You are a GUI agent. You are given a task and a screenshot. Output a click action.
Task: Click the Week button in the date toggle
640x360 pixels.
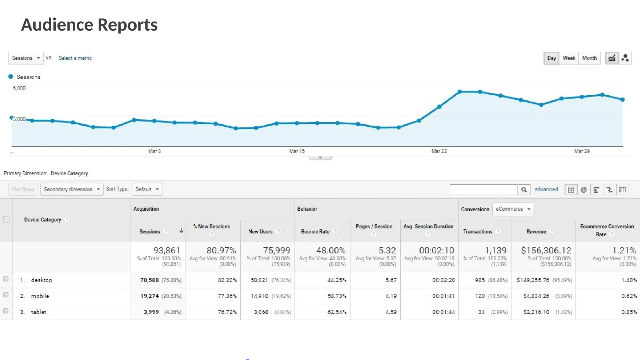point(569,58)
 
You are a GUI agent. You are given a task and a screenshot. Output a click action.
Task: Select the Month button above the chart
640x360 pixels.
point(589,58)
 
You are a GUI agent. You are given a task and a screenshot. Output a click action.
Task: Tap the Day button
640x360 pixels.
point(552,58)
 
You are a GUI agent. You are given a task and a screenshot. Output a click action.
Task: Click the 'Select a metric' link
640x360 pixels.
point(75,58)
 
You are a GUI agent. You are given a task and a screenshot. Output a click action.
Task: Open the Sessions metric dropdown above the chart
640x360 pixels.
point(26,58)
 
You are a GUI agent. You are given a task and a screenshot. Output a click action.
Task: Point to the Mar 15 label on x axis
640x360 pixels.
point(297,151)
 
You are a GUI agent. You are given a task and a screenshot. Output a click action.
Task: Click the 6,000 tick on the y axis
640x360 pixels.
point(19,88)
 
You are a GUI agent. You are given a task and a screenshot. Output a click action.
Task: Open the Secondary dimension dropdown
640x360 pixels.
point(72,189)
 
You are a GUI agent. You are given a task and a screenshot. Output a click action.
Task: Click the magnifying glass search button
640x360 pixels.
point(524,190)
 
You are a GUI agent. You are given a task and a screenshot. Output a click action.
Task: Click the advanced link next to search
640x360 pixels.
point(546,189)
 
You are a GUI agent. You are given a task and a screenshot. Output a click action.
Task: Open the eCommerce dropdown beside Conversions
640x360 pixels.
point(513,209)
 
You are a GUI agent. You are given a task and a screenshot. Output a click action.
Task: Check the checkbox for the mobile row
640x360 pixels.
point(6,295)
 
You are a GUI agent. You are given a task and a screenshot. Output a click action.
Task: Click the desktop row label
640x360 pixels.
point(42,280)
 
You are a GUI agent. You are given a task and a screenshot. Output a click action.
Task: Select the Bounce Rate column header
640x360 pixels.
point(315,232)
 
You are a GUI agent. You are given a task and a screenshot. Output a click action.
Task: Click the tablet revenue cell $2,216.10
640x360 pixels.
point(536,312)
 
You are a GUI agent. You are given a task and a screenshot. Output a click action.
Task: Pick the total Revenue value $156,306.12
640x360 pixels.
point(546,250)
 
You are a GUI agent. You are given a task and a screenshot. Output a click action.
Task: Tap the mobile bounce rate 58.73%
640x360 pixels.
point(337,296)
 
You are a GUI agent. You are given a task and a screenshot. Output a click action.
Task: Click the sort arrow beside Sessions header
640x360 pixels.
point(181,231)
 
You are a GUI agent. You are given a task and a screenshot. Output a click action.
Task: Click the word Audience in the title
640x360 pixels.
point(57,25)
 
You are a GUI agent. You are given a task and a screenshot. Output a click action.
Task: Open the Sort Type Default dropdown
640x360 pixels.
point(147,189)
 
